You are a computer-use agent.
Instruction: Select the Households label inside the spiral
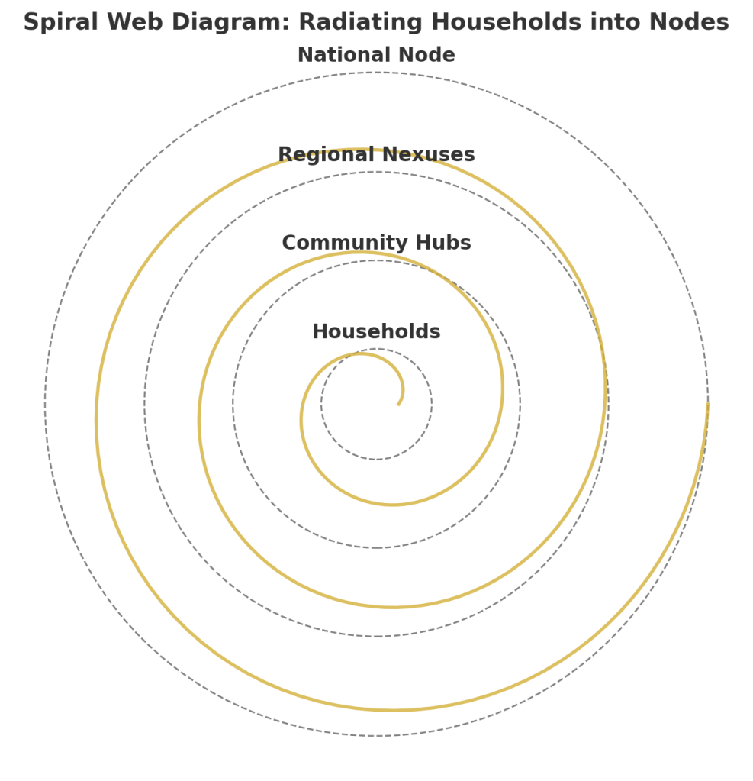[x=376, y=332]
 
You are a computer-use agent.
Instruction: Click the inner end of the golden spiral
[x=398, y=404]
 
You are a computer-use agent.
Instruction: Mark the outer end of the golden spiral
[x=707, y=405]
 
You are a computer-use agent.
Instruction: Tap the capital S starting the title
[x=31, y=23]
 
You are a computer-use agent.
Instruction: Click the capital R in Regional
[x=285, y=155]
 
